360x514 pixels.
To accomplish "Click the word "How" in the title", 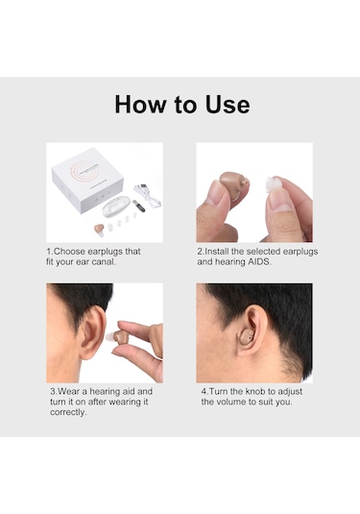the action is tap(140, 105).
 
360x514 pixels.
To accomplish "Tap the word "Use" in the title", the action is tap(228, 105).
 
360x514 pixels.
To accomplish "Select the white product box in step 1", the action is tap(87, 180).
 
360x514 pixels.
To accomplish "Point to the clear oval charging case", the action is tap(115, 206).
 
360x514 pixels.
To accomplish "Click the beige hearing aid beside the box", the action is tap(99, 229).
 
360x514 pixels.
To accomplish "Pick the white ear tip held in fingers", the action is tap(274, 184).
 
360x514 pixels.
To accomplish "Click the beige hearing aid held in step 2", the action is tap(234, 183).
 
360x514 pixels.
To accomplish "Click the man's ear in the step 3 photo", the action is tap(93, 331).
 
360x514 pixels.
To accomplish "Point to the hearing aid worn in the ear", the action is tap(246, 337).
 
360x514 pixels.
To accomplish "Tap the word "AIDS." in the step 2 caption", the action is tap(259, 262).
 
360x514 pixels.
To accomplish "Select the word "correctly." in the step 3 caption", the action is tap(68, 412).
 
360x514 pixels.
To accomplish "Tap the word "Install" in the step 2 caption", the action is tap(217, 252).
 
